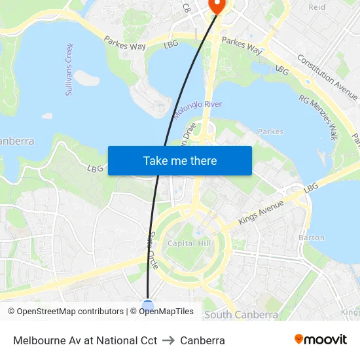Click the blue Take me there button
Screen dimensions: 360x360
click(x=180, y=160)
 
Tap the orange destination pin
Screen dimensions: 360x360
click(x=215, y=5)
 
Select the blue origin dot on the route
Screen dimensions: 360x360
click(x=148, y=304)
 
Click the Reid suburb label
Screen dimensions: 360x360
click(x=317, y=7)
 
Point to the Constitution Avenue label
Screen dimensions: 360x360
click(x=327, y=73)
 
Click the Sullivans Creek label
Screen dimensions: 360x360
click(x=69, y=69)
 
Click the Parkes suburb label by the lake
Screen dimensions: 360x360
click(x=271, y=132)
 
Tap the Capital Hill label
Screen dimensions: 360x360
click(x=189, y=243)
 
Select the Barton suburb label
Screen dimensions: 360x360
click(x=311, y=238)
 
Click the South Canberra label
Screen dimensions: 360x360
click(x=241, y=315)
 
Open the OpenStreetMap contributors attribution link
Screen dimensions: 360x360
click(x=71, y=312)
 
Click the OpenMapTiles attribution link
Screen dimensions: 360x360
click(x=166, y=312)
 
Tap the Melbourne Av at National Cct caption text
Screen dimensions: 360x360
click(x=85, y=340)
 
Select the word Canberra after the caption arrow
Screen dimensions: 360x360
click(x=202, y=340)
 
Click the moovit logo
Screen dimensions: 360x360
click(x=321, y=340)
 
